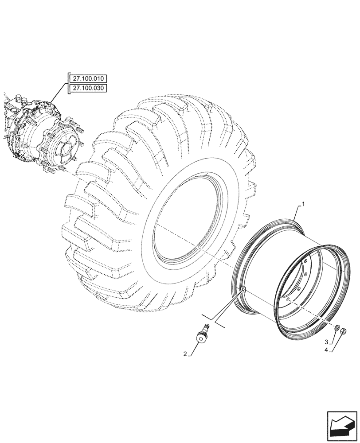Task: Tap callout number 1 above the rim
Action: coord(303,204)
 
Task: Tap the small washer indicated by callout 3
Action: coord(337,328)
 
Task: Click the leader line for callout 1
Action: coord(298,212)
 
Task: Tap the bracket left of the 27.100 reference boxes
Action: coord(68,84)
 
